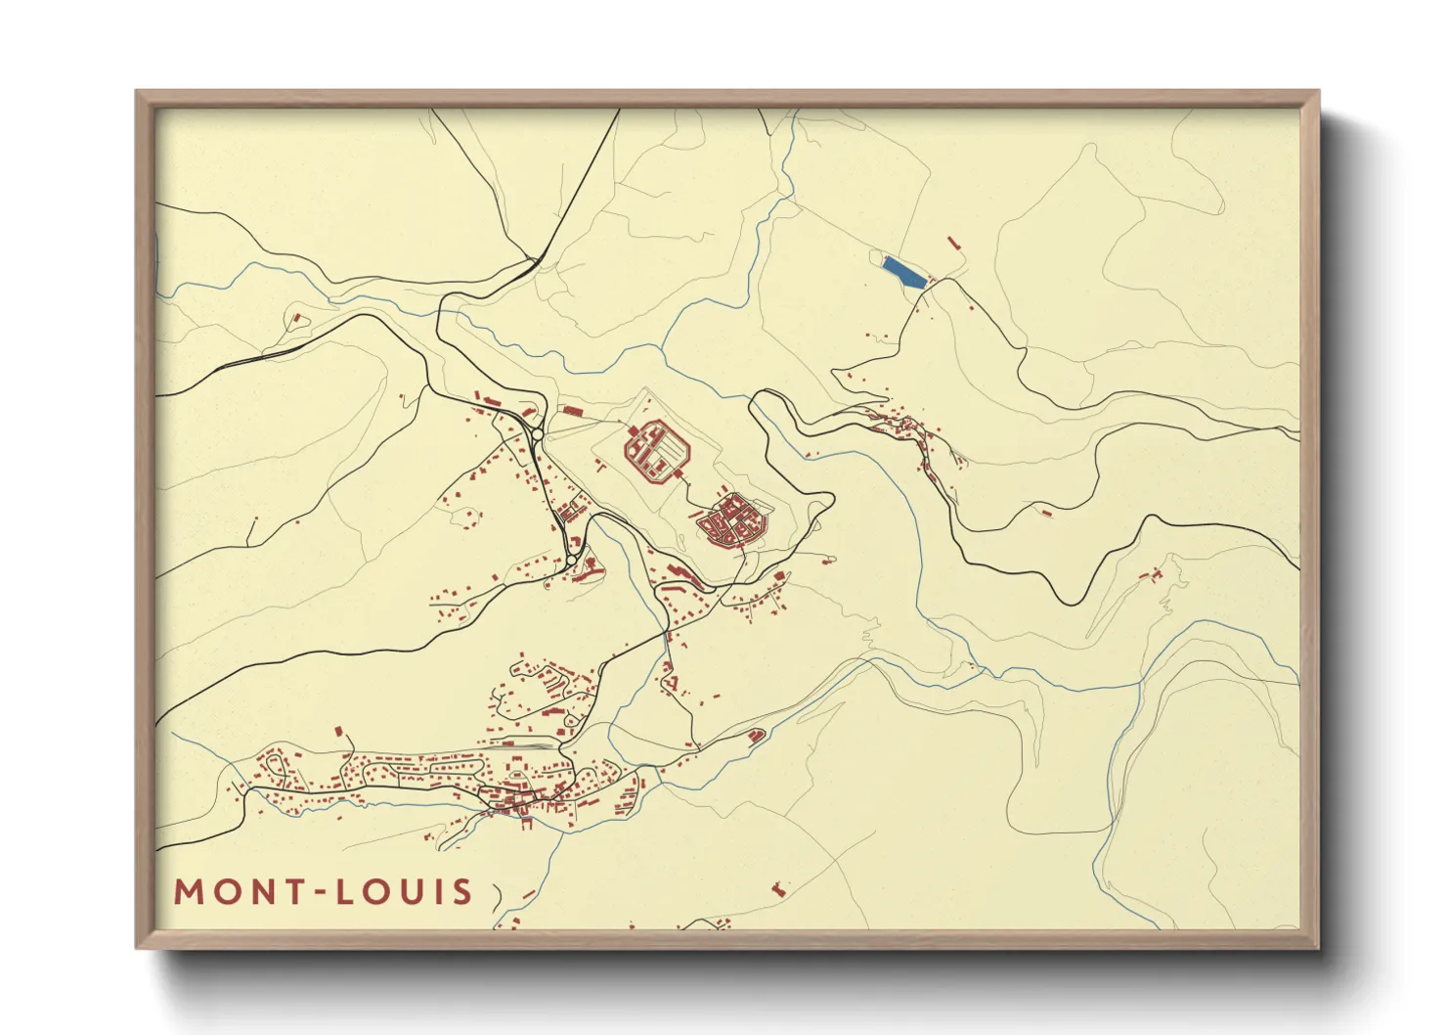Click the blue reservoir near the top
click(x=903, y=271)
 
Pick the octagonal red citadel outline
click(x=658, y=449)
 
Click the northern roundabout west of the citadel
click(x=537, y=434)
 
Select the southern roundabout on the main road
click(x=571, y=561)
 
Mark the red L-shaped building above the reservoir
click(x=952, y=241)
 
